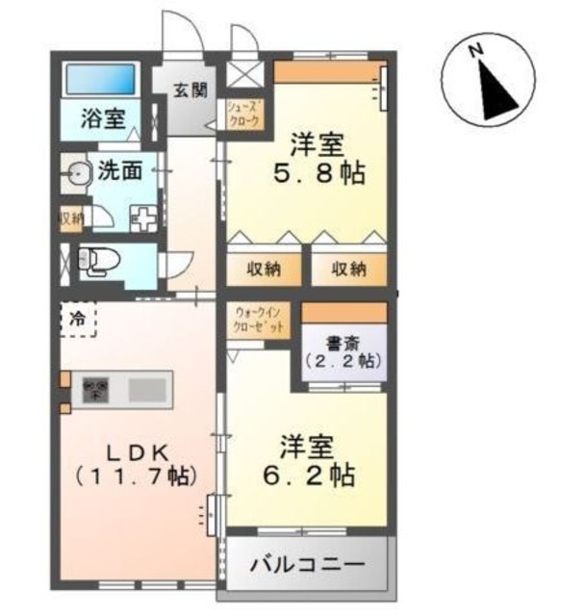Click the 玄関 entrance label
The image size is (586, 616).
[190, 91]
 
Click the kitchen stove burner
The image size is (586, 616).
[96, 390]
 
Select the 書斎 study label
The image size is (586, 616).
[344, 343]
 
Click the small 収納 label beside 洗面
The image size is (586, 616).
[70, 218]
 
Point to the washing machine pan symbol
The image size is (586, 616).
[142, 217]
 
